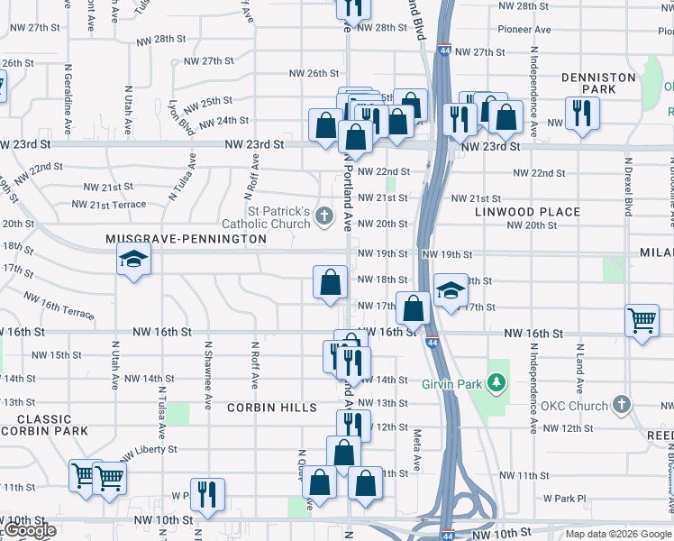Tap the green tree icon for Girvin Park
click(x=495, y=383)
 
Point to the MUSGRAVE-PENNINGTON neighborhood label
click(x=186, y=239)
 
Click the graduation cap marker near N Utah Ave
click(x=133, y=261)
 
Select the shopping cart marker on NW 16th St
click(x=642, y=319)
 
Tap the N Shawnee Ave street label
click(x=207, y=371)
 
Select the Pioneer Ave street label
click(x=531, y=30)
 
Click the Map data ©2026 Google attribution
click(x=618, y=534)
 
